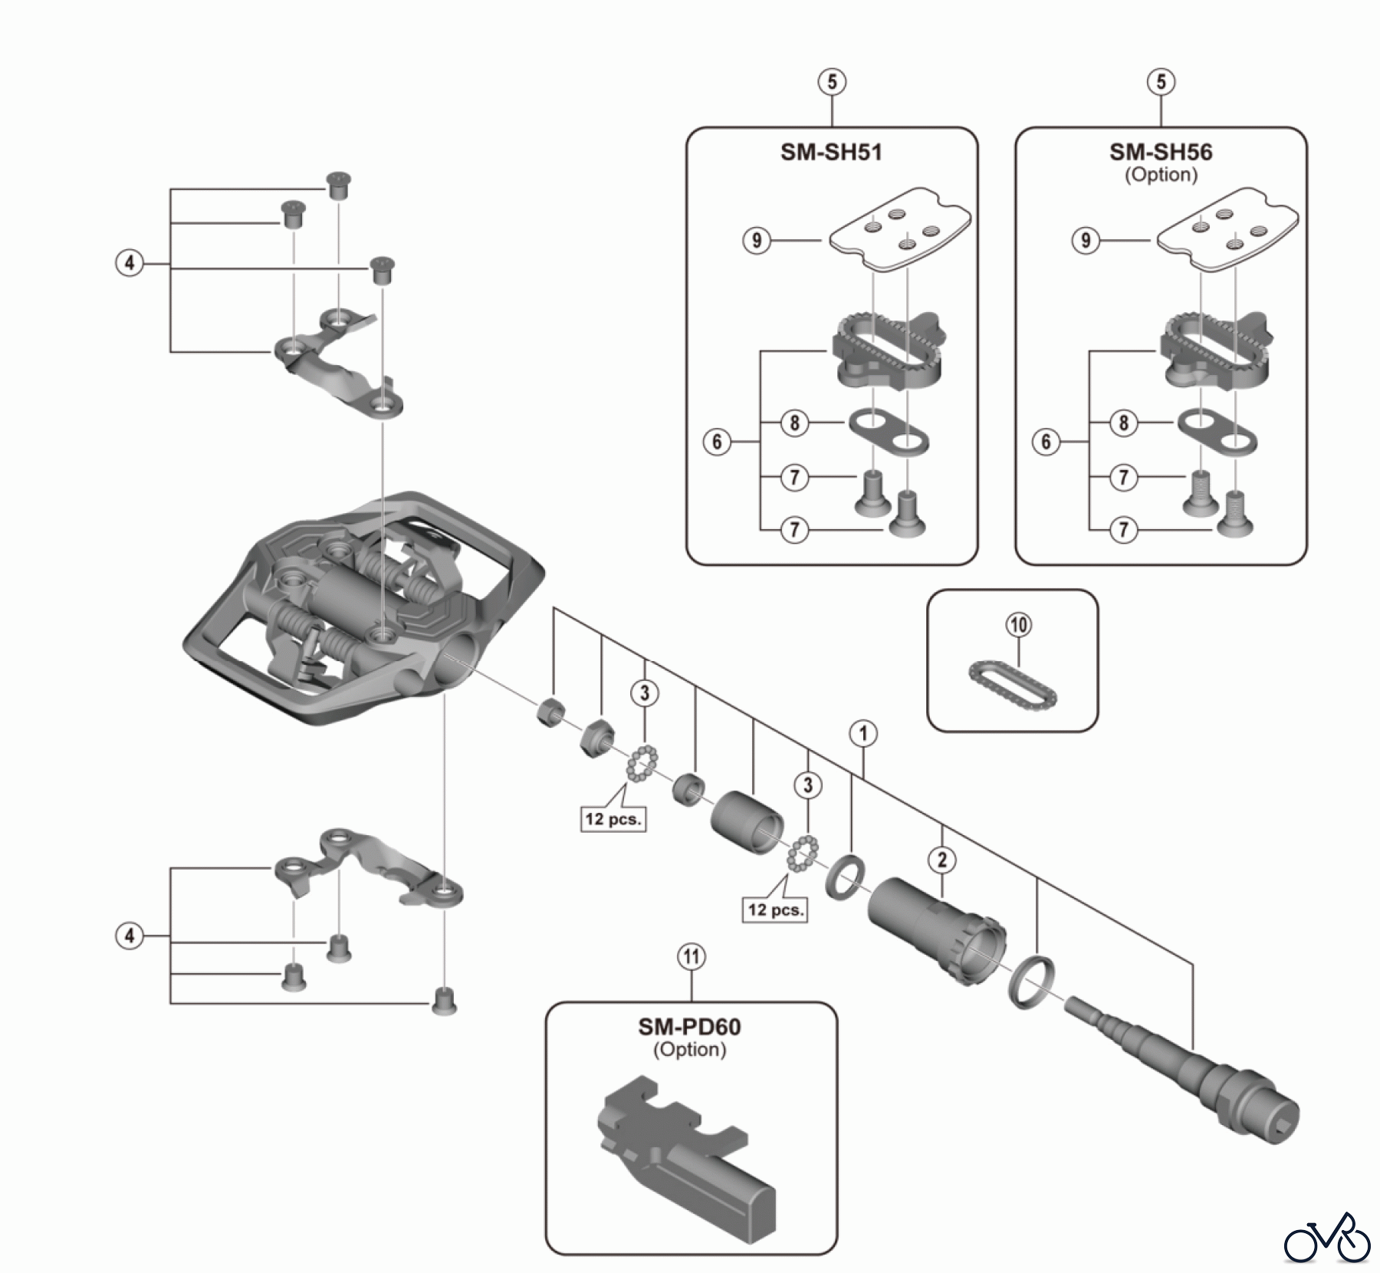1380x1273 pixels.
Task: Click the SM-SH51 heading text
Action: (x=831, y=152)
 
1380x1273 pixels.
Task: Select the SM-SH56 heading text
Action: (x=1161, y=152)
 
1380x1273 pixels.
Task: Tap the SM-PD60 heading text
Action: (x=689, y=1027)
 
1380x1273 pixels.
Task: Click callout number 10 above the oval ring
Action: (x=1018, y=625)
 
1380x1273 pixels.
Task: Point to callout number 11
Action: (x=692, y=957)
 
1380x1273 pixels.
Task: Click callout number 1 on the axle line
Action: (x=863, y=734)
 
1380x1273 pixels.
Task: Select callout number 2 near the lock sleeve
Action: (x=942, y=860)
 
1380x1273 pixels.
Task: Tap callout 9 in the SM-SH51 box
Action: (x=757, y=241)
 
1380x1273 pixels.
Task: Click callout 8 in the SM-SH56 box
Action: (x=1123, y=423)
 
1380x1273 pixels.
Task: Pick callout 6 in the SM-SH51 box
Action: (x=717, y=442)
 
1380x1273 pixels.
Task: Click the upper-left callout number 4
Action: (x=129, y=264)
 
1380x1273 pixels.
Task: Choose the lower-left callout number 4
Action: (x=129, y=936)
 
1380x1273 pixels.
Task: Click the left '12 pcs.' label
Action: (x=613, y=818)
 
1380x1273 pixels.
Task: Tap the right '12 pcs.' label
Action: (x=776, y=910)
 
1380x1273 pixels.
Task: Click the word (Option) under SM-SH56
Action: (x=1161, y=175)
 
